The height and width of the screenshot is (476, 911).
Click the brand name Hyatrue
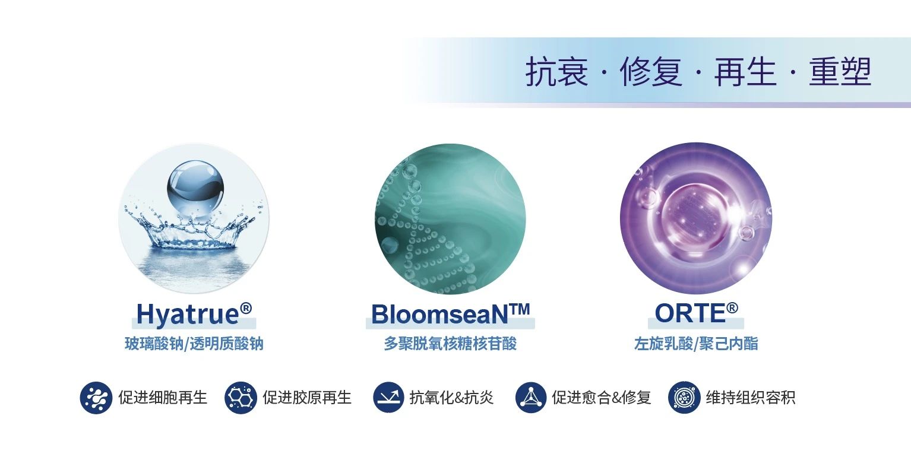point(188,314)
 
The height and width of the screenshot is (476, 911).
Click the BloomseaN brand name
point(439,314)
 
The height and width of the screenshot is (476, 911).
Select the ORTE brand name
point(690,313)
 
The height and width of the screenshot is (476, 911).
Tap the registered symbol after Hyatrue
point(246,309)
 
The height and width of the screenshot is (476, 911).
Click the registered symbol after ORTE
point(732,307)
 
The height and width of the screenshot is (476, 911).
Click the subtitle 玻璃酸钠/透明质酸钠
point(194,344)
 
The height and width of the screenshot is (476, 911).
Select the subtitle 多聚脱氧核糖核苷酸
point(450,344)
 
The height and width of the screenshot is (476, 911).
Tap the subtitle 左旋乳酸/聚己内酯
point(696,344)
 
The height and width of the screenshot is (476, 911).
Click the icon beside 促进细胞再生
point(96,398)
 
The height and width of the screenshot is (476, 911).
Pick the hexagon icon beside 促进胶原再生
point(241,398)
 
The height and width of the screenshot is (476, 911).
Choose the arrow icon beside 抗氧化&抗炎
point(389,397)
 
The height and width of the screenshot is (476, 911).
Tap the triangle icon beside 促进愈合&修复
point(531,397)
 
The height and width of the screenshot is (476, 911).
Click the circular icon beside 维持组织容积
point(684,398)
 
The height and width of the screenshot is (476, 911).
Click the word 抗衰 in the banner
point(557,72)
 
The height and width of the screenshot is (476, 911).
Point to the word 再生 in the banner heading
point(745,72)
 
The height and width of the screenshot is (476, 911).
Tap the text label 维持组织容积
point(750,398)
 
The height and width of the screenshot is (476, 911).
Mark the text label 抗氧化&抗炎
point(451,398)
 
